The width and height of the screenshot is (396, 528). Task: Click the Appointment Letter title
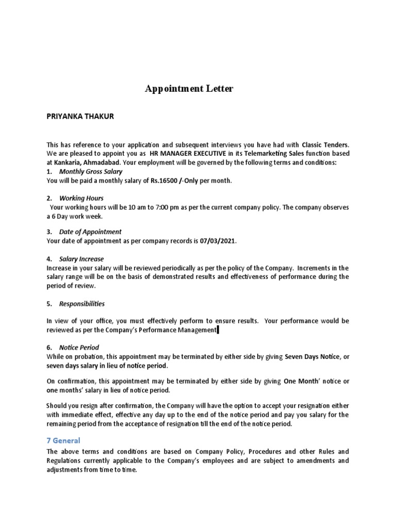(189, 89)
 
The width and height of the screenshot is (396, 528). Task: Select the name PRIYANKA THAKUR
(80, 117)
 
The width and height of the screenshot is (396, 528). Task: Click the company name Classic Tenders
(325, 145)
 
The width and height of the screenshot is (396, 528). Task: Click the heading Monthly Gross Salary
(91, 171)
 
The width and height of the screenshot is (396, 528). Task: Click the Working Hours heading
(81, 198)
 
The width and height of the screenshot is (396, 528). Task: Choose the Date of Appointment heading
(90, 232)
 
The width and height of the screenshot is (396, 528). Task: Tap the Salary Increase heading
(81, 259)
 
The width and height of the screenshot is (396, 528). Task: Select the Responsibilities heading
(82, 304)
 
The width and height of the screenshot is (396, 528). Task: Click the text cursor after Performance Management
(218, 330)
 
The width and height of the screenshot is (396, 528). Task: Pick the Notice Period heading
(79, 348)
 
